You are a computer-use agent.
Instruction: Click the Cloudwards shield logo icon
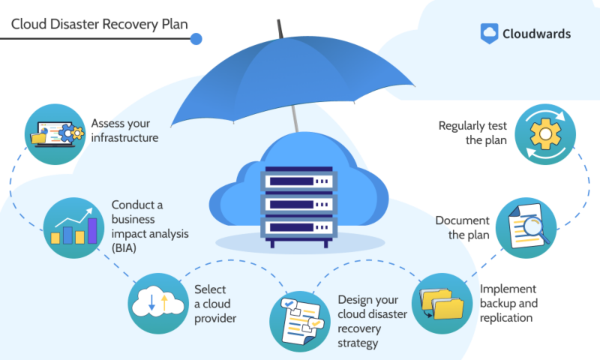489,33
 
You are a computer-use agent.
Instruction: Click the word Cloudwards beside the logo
536,34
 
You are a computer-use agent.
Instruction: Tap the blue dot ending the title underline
196,39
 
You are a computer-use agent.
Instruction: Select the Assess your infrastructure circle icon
55,134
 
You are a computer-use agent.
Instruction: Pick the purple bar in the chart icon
92,231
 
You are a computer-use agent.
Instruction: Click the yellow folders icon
442,304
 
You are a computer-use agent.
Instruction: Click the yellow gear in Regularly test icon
545,134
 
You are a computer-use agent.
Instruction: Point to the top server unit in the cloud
298,180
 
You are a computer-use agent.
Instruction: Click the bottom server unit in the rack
298,227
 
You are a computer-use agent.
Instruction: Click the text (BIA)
124,248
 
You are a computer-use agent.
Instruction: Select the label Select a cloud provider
215,304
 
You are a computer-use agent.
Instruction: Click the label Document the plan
462,228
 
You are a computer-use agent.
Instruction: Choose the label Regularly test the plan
472,133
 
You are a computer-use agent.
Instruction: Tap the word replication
505,317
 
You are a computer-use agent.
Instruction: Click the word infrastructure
124,138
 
